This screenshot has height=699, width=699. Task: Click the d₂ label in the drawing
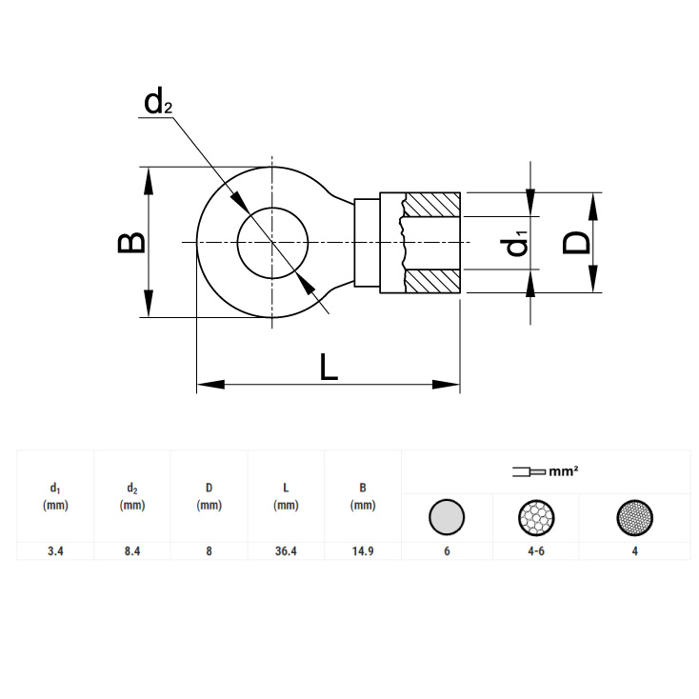tap(158, 102)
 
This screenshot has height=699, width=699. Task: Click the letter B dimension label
tap(131, 243)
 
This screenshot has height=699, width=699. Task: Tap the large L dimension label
tap(329, 367)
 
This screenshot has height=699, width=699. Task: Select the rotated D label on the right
tap(576, 243)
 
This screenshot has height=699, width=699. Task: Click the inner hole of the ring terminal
tap(272, 243)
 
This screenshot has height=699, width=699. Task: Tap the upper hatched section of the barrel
tap(432, 205)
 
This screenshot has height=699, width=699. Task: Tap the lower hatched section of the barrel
tap(432, 281)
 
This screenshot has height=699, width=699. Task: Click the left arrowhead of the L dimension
tap(210, 385)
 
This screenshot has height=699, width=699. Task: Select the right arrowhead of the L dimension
tap(446, 385)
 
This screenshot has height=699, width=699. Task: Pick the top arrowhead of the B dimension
tap(149, 181)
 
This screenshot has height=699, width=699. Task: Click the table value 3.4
tap(55, 551)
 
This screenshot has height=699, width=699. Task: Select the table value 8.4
tap(132, 551)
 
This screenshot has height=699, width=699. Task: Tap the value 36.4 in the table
tap(286, 551)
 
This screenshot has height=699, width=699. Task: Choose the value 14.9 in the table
tap(363, 551)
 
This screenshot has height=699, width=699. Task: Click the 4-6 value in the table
tap(536, 551)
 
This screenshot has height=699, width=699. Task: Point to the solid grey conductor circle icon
tap(447, 517)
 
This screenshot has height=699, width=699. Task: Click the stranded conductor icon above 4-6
tap(536, 517)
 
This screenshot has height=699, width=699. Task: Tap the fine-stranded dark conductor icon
tap(635, 517)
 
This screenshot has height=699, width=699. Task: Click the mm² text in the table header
tap(564, 471)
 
